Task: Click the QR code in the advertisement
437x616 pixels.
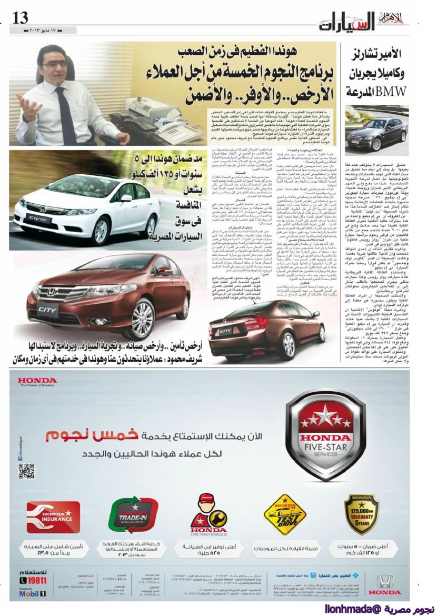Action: [26, 470]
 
